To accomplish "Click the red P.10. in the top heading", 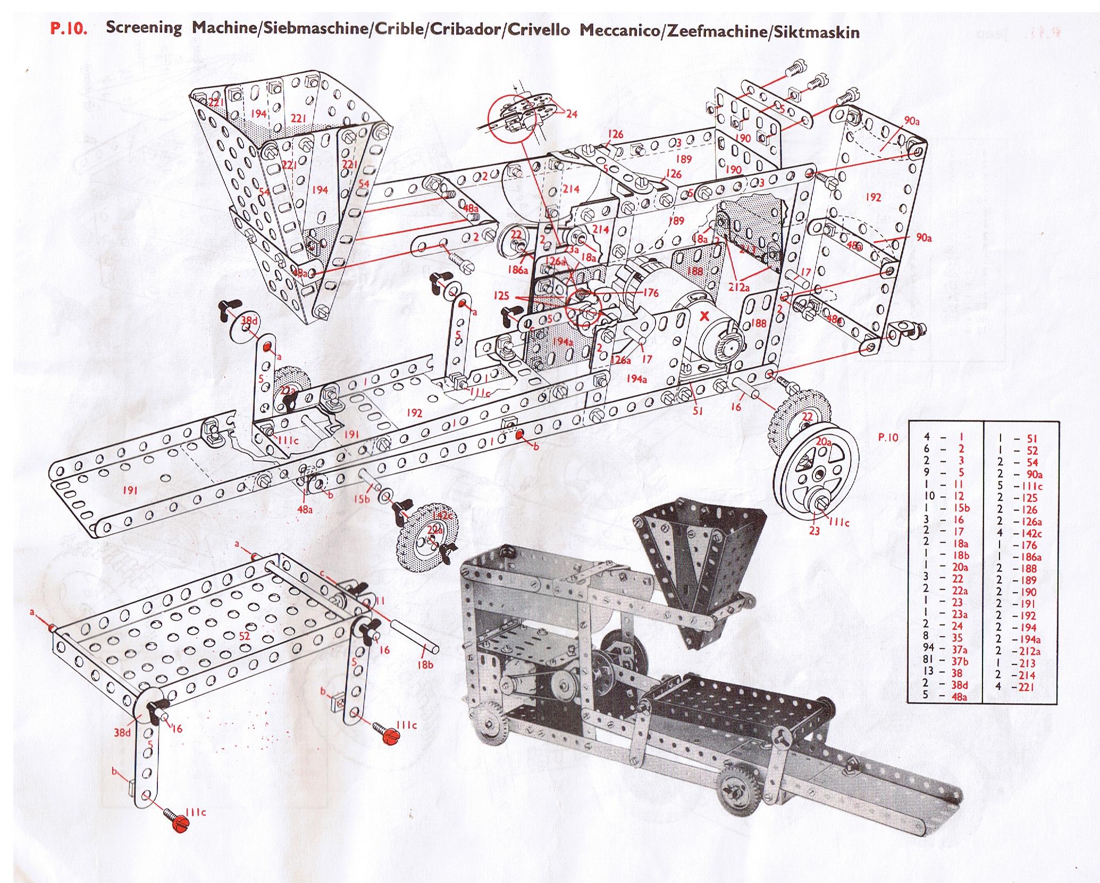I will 69,29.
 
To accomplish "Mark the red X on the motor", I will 705,316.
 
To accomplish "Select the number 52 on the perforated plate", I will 245,635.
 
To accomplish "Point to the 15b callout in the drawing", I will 363,498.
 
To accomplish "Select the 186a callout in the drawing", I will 517,270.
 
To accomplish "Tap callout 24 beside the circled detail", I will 572,113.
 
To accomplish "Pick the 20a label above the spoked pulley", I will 824,441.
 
